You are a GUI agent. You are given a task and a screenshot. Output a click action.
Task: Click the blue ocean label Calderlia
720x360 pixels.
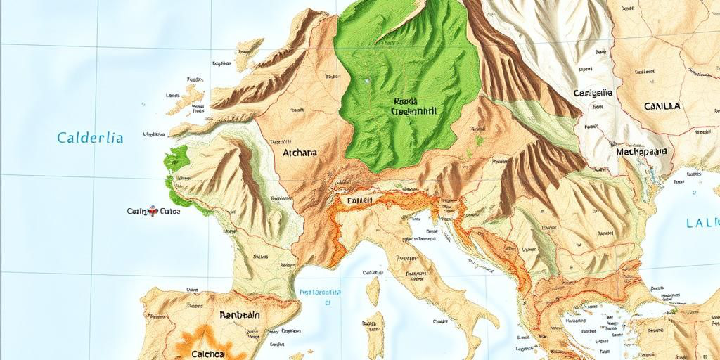(x=90, y=138)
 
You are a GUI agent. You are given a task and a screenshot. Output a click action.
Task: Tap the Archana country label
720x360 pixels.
(x=300, y=152)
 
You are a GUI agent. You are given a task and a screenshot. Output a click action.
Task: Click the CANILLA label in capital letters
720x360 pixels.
(x=662, y=107)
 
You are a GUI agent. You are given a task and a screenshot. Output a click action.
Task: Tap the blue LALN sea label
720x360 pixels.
(x=702, y=224)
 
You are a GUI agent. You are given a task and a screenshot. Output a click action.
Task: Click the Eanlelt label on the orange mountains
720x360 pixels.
(x=359, y=200)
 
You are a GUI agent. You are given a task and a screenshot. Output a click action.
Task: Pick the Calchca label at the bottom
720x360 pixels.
(x=212, y=354)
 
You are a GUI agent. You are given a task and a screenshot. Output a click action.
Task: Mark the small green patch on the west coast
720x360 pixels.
(x=172, y=160)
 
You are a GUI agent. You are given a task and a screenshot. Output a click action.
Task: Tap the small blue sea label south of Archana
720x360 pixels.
(x=320, y=292)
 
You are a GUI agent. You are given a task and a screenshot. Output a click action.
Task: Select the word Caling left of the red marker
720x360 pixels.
(x=138, y=210)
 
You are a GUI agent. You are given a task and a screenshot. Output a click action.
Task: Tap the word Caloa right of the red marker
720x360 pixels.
(x=170, y=210)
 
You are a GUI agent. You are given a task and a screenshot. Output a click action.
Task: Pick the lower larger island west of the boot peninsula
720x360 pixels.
(x=377, y=333)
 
